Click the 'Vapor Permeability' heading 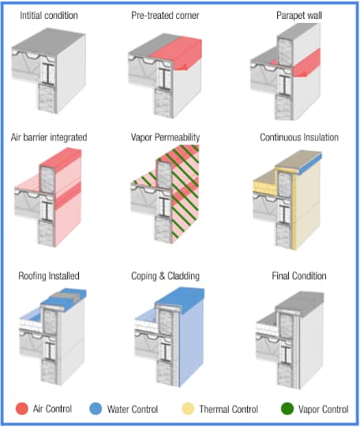point(168,137)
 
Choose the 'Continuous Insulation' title point(299,137)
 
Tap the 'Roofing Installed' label point(49,275)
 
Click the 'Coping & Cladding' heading point(167,275)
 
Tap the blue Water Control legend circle point(95,409)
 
